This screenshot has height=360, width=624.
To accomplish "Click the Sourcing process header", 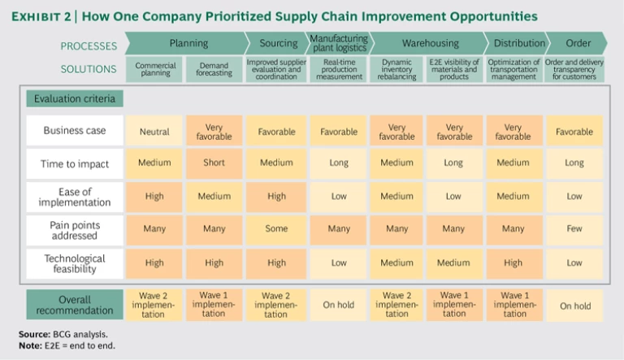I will point(278,43).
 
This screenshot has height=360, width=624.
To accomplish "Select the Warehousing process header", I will point(430,43).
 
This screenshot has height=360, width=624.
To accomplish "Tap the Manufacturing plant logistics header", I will point(339,43).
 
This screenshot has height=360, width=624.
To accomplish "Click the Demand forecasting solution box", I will point(214,69).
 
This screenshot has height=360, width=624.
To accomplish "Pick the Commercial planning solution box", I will point(154,69).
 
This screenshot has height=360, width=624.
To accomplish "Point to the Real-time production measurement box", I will point(339,69).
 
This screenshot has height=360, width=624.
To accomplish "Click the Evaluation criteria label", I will point(74,99).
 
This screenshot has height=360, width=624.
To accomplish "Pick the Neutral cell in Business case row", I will point(154,132).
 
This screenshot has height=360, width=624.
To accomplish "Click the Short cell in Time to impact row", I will point(214,163).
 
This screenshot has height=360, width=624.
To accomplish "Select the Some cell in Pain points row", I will point(276,229).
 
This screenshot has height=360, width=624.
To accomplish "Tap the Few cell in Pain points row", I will point(573,229).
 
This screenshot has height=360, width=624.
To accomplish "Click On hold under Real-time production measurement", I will point(339,306).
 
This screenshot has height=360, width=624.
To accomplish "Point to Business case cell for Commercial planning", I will point(154,132).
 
